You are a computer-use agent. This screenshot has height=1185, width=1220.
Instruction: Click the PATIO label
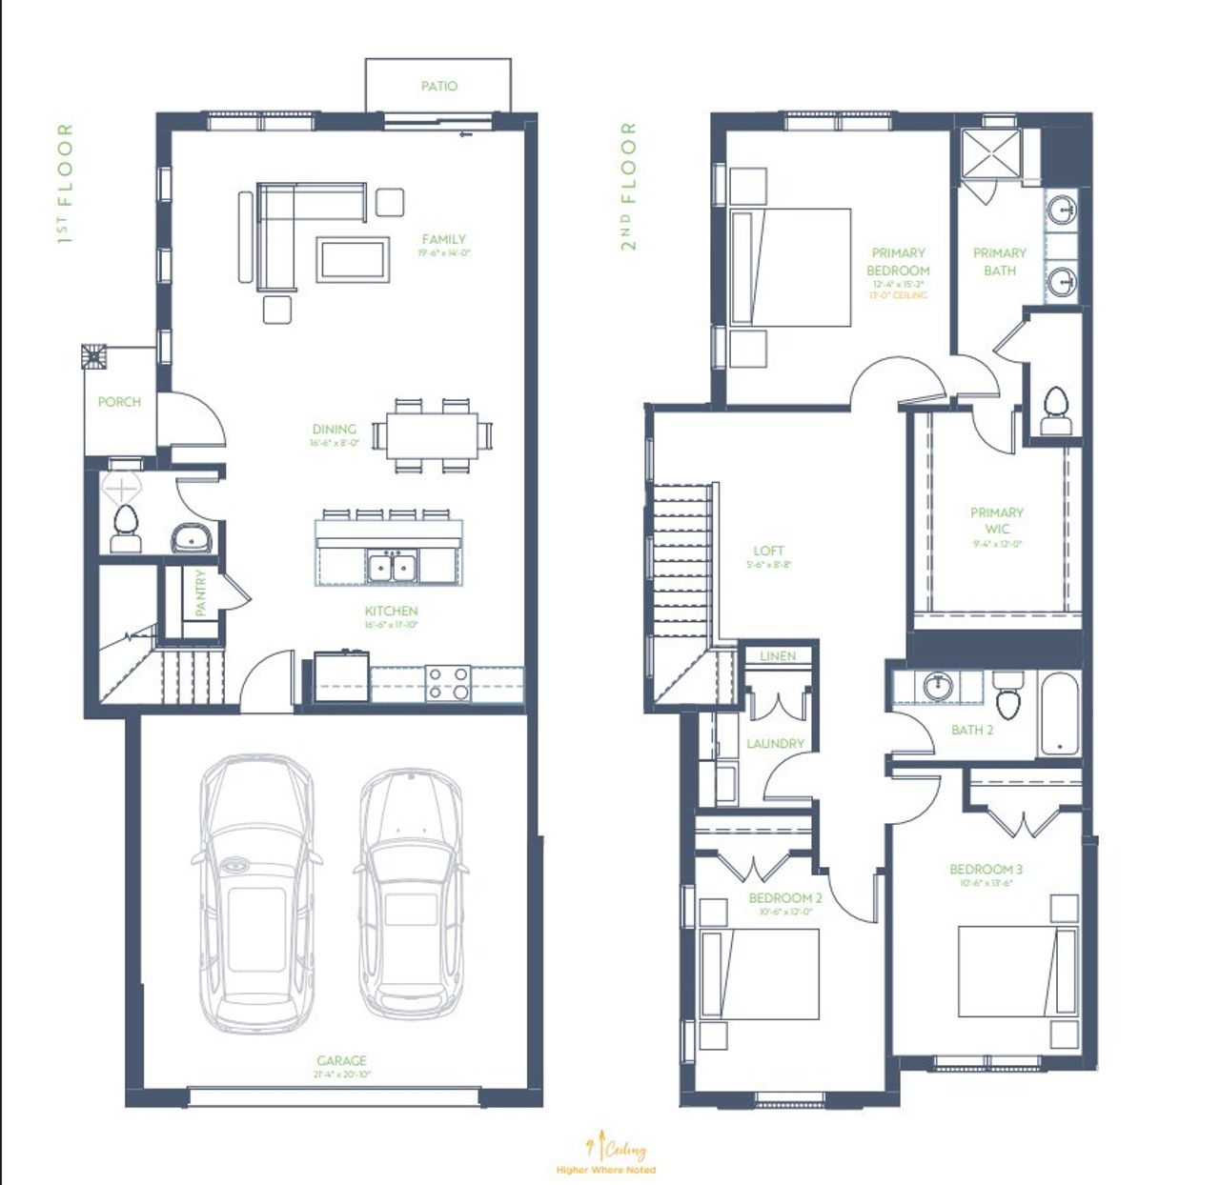coord(439,86)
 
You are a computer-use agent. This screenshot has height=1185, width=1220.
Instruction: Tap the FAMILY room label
coord(444,239)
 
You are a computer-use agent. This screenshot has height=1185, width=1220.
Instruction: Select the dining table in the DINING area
coord(432,435)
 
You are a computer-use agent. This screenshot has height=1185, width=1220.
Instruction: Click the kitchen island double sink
coord(393,568)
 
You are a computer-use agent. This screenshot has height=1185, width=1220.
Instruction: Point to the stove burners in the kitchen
coord(447,683)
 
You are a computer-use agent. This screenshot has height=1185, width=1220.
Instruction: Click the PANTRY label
coord(200,593)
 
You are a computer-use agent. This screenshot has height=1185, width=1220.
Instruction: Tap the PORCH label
coord(119,402)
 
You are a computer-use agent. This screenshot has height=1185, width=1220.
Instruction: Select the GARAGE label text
coord(342,1060)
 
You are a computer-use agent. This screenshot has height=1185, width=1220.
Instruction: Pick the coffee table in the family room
coord(353,258)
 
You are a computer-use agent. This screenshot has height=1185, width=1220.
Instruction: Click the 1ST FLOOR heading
coord(64,184)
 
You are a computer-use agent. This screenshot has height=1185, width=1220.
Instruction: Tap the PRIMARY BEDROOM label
coord(898,262)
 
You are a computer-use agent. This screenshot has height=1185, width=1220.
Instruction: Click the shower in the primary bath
coord(990,152)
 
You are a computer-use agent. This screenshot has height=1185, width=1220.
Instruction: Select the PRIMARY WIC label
coord(997,520)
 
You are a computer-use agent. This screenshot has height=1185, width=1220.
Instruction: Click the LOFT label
coord(768,551)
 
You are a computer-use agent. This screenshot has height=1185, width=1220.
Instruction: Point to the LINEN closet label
coord(778,656)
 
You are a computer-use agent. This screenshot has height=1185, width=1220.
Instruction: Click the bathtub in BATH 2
coord(1058,713)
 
